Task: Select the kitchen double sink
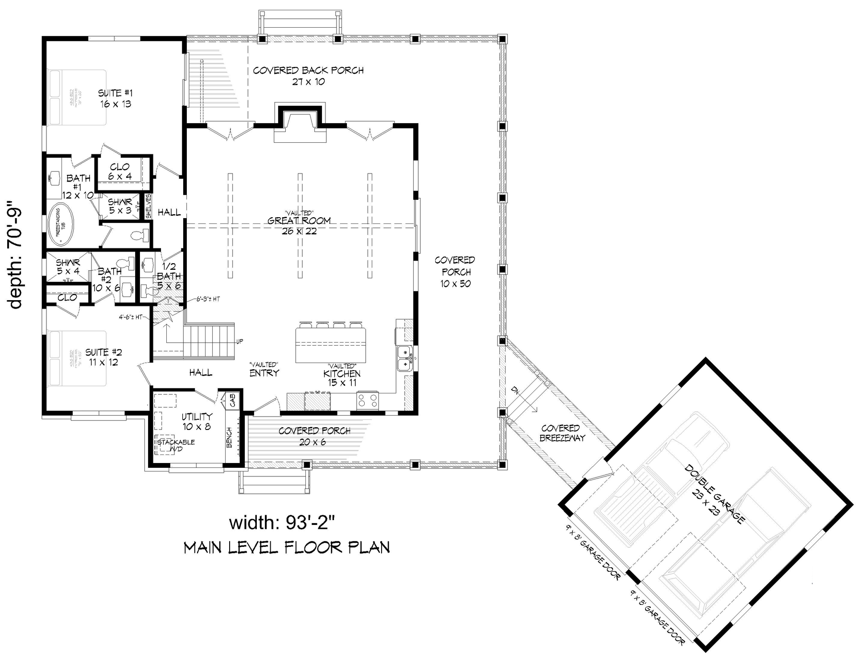(405, 358)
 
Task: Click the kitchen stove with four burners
(367, 400)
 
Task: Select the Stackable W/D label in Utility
(176, 445)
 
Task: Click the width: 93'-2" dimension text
(279, 523)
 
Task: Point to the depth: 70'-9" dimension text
(16, 259)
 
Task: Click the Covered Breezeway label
(562, 433)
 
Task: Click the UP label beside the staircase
(239, 342)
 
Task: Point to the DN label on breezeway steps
(515, 391)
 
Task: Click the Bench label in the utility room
(230, 438)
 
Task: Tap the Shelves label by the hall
(148, 207)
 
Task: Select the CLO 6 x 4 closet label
(119, 171)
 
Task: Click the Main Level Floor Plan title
(287, 547)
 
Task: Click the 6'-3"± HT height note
(208, 299)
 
